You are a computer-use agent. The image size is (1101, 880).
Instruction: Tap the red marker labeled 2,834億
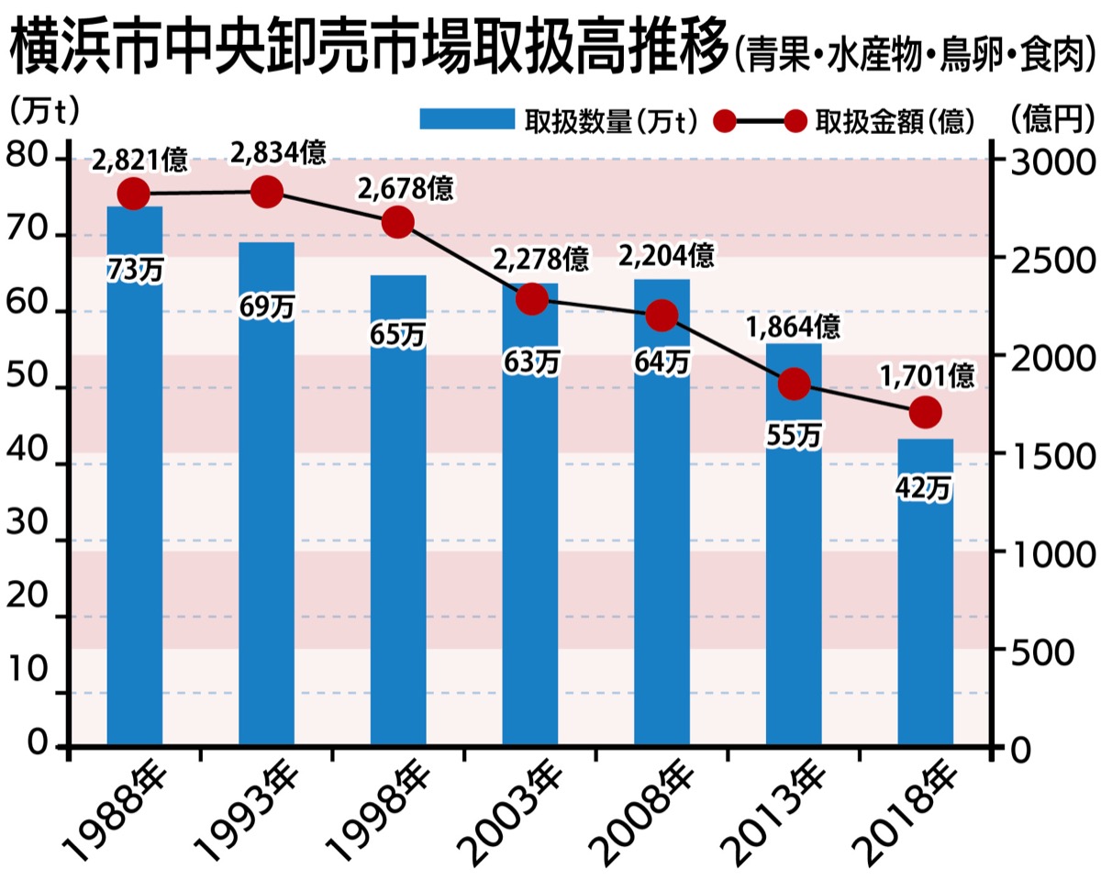(267, 193)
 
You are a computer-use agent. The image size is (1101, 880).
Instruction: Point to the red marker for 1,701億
(927, 413)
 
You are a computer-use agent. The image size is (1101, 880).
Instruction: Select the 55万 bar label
(794, 437)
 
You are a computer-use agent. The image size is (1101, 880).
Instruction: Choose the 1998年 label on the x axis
(371, 812)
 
